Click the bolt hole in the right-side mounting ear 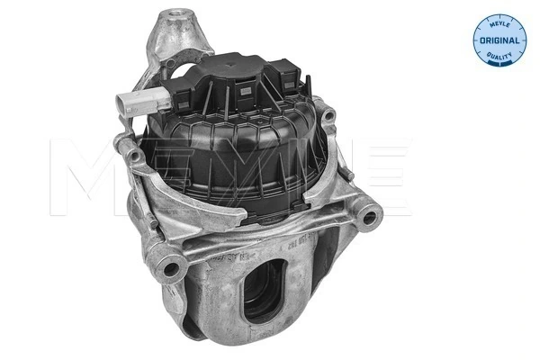click(x=368, y=217)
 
